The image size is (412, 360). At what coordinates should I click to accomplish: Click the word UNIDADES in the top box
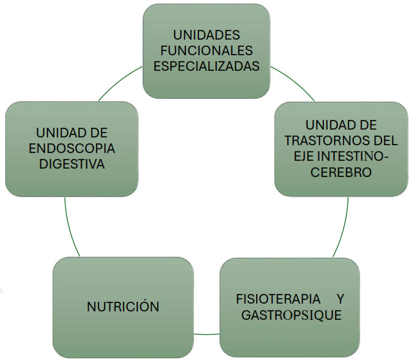point(206,35)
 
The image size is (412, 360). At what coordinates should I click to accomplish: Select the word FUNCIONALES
point(206,50)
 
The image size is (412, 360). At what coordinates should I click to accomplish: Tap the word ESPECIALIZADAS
point(206,66)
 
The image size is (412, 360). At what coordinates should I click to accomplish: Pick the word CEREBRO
point(341,172)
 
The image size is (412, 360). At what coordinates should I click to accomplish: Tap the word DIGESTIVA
point(71,163)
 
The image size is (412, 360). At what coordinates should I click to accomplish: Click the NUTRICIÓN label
point(123,307)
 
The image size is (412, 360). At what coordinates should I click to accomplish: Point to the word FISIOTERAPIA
point(273,299)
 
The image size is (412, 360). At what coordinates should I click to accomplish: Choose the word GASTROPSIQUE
point(291,315)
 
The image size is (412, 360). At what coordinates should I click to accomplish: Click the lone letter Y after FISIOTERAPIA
point(340,299)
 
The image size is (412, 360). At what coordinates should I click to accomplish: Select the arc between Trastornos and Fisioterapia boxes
point(344,228)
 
